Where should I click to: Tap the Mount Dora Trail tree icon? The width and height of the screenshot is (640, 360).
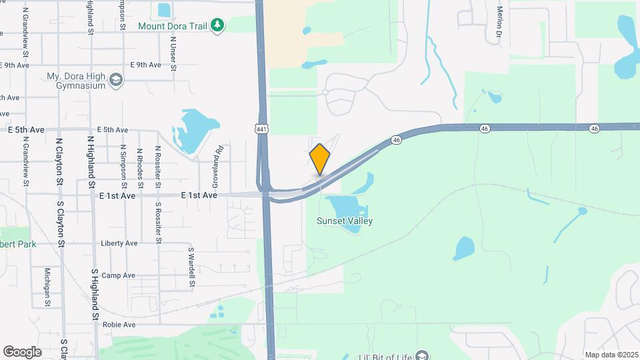click(217, 25)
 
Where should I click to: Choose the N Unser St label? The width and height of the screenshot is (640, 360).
click(173, 53)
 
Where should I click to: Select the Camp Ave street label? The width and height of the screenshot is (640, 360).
click(118, 275)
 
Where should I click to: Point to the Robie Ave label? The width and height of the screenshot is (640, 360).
click(119, 325)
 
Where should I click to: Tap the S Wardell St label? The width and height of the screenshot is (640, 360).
click(191, 267)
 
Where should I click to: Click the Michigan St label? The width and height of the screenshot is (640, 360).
click(47, 287)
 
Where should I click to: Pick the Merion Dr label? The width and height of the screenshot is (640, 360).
click(499, 21)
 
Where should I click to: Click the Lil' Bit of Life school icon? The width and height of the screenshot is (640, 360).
click(421, 355)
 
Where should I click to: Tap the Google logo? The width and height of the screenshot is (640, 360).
click(22, 352)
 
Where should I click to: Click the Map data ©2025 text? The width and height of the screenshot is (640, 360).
click(611, 355)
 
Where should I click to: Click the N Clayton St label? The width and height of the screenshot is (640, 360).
click(59, 161)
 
